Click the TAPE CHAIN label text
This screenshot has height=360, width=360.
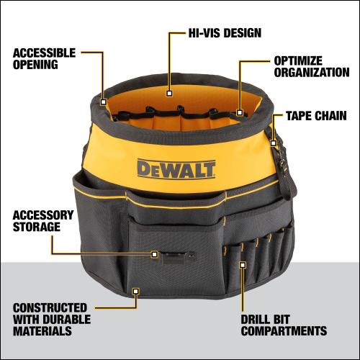316,114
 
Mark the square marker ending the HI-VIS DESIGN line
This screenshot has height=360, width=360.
168,92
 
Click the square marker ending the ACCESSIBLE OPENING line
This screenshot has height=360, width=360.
104,102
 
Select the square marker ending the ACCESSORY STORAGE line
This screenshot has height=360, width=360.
154,254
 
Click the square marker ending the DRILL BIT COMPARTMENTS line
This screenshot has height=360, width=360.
243,265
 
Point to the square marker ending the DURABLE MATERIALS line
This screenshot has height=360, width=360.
135,291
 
